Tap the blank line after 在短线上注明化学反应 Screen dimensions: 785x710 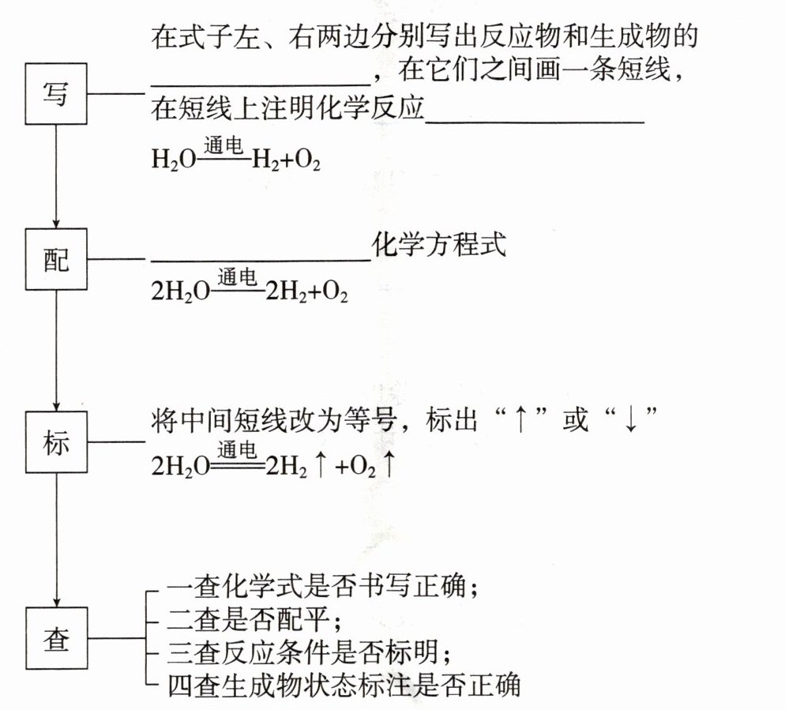click(535, 121)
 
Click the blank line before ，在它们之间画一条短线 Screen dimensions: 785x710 click(260, 82)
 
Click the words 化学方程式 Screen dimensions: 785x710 click(438, 246)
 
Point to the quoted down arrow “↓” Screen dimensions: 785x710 click(629, 421)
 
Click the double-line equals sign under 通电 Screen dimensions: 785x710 click(237, 468)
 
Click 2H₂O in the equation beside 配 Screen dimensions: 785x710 click(180, 292)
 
